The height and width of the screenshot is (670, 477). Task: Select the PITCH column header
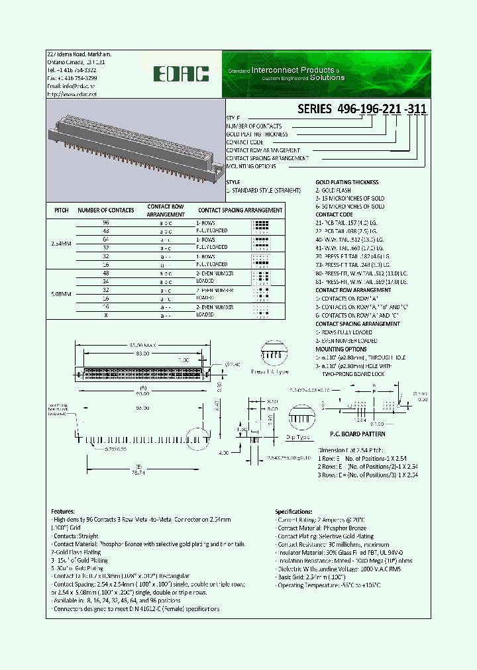[61, 211]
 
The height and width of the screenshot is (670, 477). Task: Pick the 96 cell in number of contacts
[105, 223]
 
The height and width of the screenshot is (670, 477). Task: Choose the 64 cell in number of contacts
[105, 238]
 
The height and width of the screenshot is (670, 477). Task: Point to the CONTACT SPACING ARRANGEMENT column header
[240, 211]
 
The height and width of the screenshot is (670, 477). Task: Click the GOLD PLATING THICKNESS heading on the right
[347, 182]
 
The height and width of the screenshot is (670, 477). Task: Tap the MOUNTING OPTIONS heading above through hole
[341, 349]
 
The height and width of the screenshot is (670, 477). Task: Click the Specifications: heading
[294, 512]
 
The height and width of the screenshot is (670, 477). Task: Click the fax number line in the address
[72, 77]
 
